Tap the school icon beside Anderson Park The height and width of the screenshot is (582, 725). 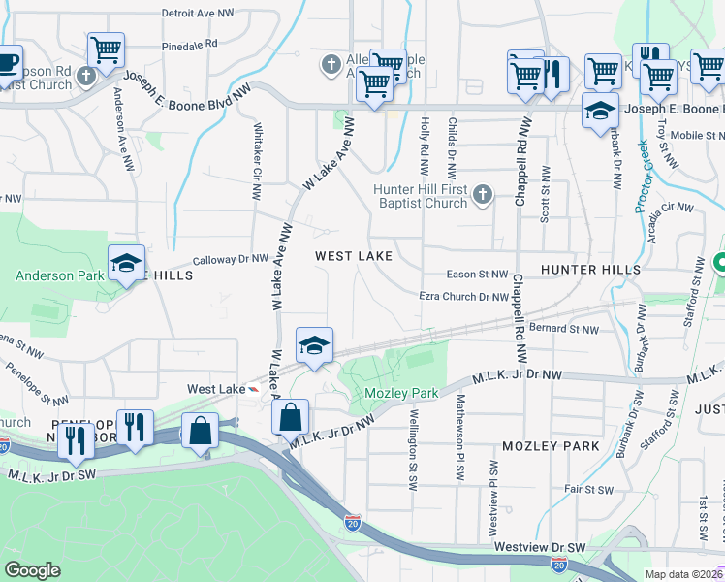(126, 264)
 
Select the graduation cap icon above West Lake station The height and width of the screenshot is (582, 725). (314, 346)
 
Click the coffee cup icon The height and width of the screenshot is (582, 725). (7, 63)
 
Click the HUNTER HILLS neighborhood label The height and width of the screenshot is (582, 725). (590, 269)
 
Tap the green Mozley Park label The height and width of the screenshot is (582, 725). (401, 394)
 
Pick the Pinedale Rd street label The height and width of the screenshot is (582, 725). (190, 46)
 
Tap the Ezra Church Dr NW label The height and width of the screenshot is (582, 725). (463, 297)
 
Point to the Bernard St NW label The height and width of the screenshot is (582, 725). (565, 330)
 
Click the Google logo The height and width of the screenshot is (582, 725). (32, 570)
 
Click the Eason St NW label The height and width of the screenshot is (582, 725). (477, 275)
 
